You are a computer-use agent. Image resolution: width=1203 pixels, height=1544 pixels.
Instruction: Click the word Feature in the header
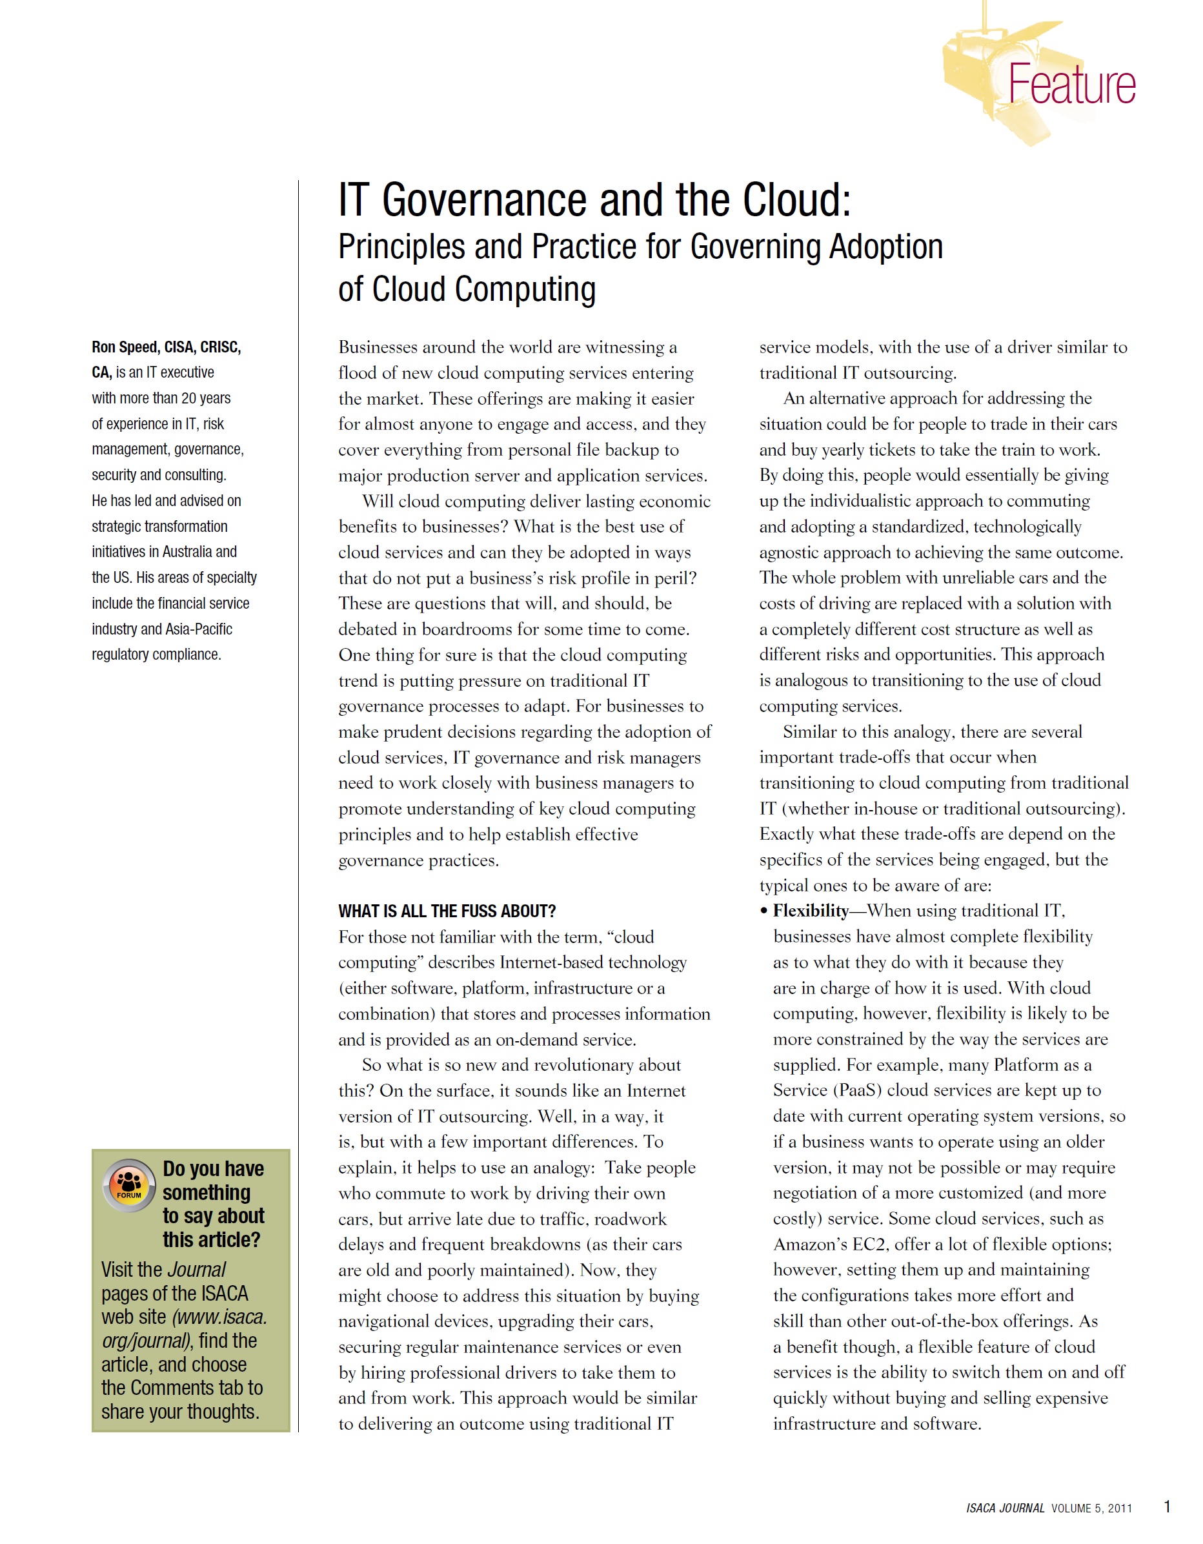(1071, 85)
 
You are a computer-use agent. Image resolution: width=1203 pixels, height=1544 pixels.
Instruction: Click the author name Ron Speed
(125, 347)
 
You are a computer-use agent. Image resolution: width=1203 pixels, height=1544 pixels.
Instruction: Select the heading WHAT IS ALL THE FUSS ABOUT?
(447, 911)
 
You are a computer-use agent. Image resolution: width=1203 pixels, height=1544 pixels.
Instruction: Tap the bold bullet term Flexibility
(810, 911)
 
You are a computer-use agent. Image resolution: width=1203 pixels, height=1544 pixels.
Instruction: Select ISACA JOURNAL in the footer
(1004, 1508)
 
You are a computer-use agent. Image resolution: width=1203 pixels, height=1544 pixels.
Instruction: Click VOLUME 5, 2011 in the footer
(1091, 1508)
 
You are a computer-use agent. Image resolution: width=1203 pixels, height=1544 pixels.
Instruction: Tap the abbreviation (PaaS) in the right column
(857, 1090)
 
